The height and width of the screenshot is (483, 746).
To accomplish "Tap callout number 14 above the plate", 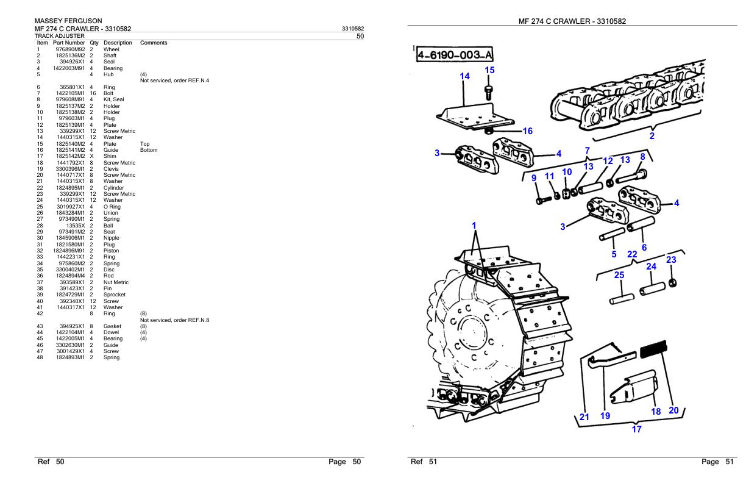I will tap(465, 77).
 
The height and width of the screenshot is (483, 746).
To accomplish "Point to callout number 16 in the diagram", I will tap(528, 131).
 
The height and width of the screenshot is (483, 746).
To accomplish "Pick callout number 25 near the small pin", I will tap(619, 276).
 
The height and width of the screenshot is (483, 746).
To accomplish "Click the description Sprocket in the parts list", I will tap(115, 295).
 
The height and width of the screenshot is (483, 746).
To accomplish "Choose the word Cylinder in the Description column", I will tap(114, 188).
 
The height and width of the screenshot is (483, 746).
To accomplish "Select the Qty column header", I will tap(94, 43).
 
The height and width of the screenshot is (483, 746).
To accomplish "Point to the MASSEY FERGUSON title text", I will tap(68, 21).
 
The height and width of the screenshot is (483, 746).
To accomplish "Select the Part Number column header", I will tap(68, 43).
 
